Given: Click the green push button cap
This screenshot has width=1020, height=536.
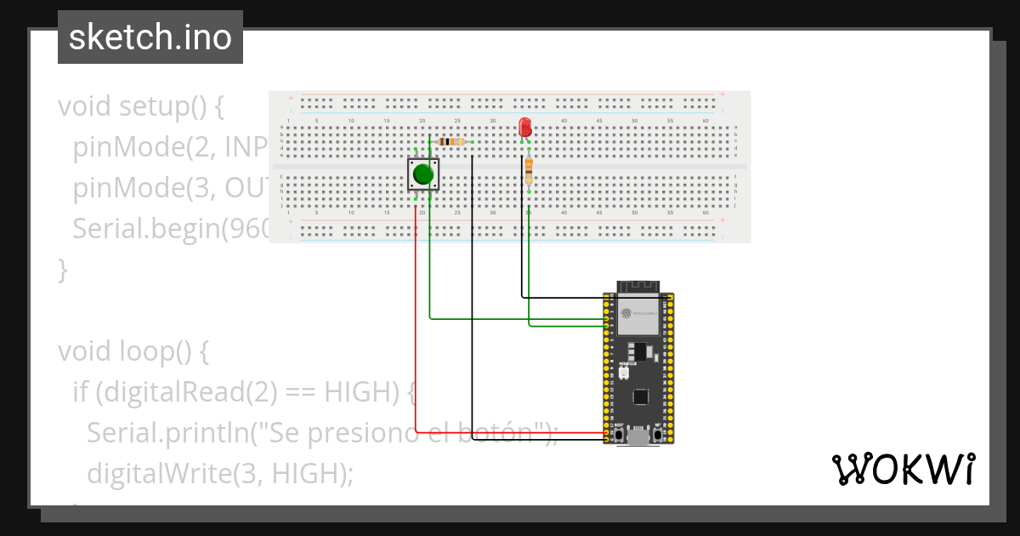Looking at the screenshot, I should pyautogui.click(x=422, y=175).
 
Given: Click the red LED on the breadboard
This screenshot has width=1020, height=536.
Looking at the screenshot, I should pyautogui.click(x=524, y=128).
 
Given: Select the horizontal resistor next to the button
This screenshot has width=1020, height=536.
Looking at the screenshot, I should pyautogui.click(x=450, y=142).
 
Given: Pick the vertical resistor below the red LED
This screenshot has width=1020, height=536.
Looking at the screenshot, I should pyautogui.click(x=529, y=169).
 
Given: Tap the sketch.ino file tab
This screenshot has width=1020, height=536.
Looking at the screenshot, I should pyautogui.click(x=150, y=37).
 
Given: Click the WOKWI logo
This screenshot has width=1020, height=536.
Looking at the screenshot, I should pyautogui.click(x=903, y=469).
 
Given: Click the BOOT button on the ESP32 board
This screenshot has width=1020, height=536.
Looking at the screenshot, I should pyautogui.click(x=620, y=436).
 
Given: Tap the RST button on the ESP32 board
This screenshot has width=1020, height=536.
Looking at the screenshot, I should pyautogui.click(x=657, y=436).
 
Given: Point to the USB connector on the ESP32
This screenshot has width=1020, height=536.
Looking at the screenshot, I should pyautogui.click(x=639, y=437).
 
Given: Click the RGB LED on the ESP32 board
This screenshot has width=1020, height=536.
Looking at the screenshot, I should pyautogui.click(x=623, y=373).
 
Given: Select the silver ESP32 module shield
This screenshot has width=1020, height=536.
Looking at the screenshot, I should pyautogui.click(x=639, y=319).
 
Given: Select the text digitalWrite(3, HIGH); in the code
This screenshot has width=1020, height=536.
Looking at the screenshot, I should pyautogui.click(x=219, y=472).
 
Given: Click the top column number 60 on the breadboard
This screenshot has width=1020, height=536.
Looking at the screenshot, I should pyautogui.click(x=705, y=121).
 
